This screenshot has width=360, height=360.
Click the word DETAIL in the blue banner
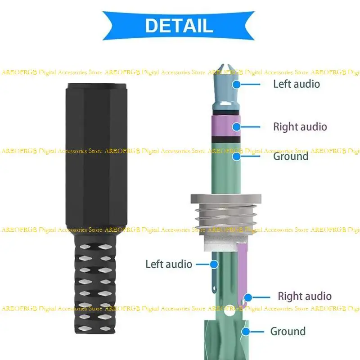point(179,26)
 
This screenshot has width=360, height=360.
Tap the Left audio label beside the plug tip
point(297,84)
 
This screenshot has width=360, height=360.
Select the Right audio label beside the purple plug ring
point(300,127)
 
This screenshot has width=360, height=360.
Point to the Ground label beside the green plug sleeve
point(291,157)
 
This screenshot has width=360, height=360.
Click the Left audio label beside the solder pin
point(169,264)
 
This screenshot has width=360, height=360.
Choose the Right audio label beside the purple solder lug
point(305,296)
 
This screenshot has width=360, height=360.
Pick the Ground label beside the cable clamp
point(288,332)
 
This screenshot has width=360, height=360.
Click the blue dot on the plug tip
point(236,84)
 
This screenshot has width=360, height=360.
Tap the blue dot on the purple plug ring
point(236,127)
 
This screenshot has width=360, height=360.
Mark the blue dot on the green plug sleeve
point(236,157)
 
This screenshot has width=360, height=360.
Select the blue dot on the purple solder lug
point(247,297)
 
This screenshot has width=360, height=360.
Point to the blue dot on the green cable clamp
point(246,332)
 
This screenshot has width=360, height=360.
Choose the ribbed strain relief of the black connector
point(93,288)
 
